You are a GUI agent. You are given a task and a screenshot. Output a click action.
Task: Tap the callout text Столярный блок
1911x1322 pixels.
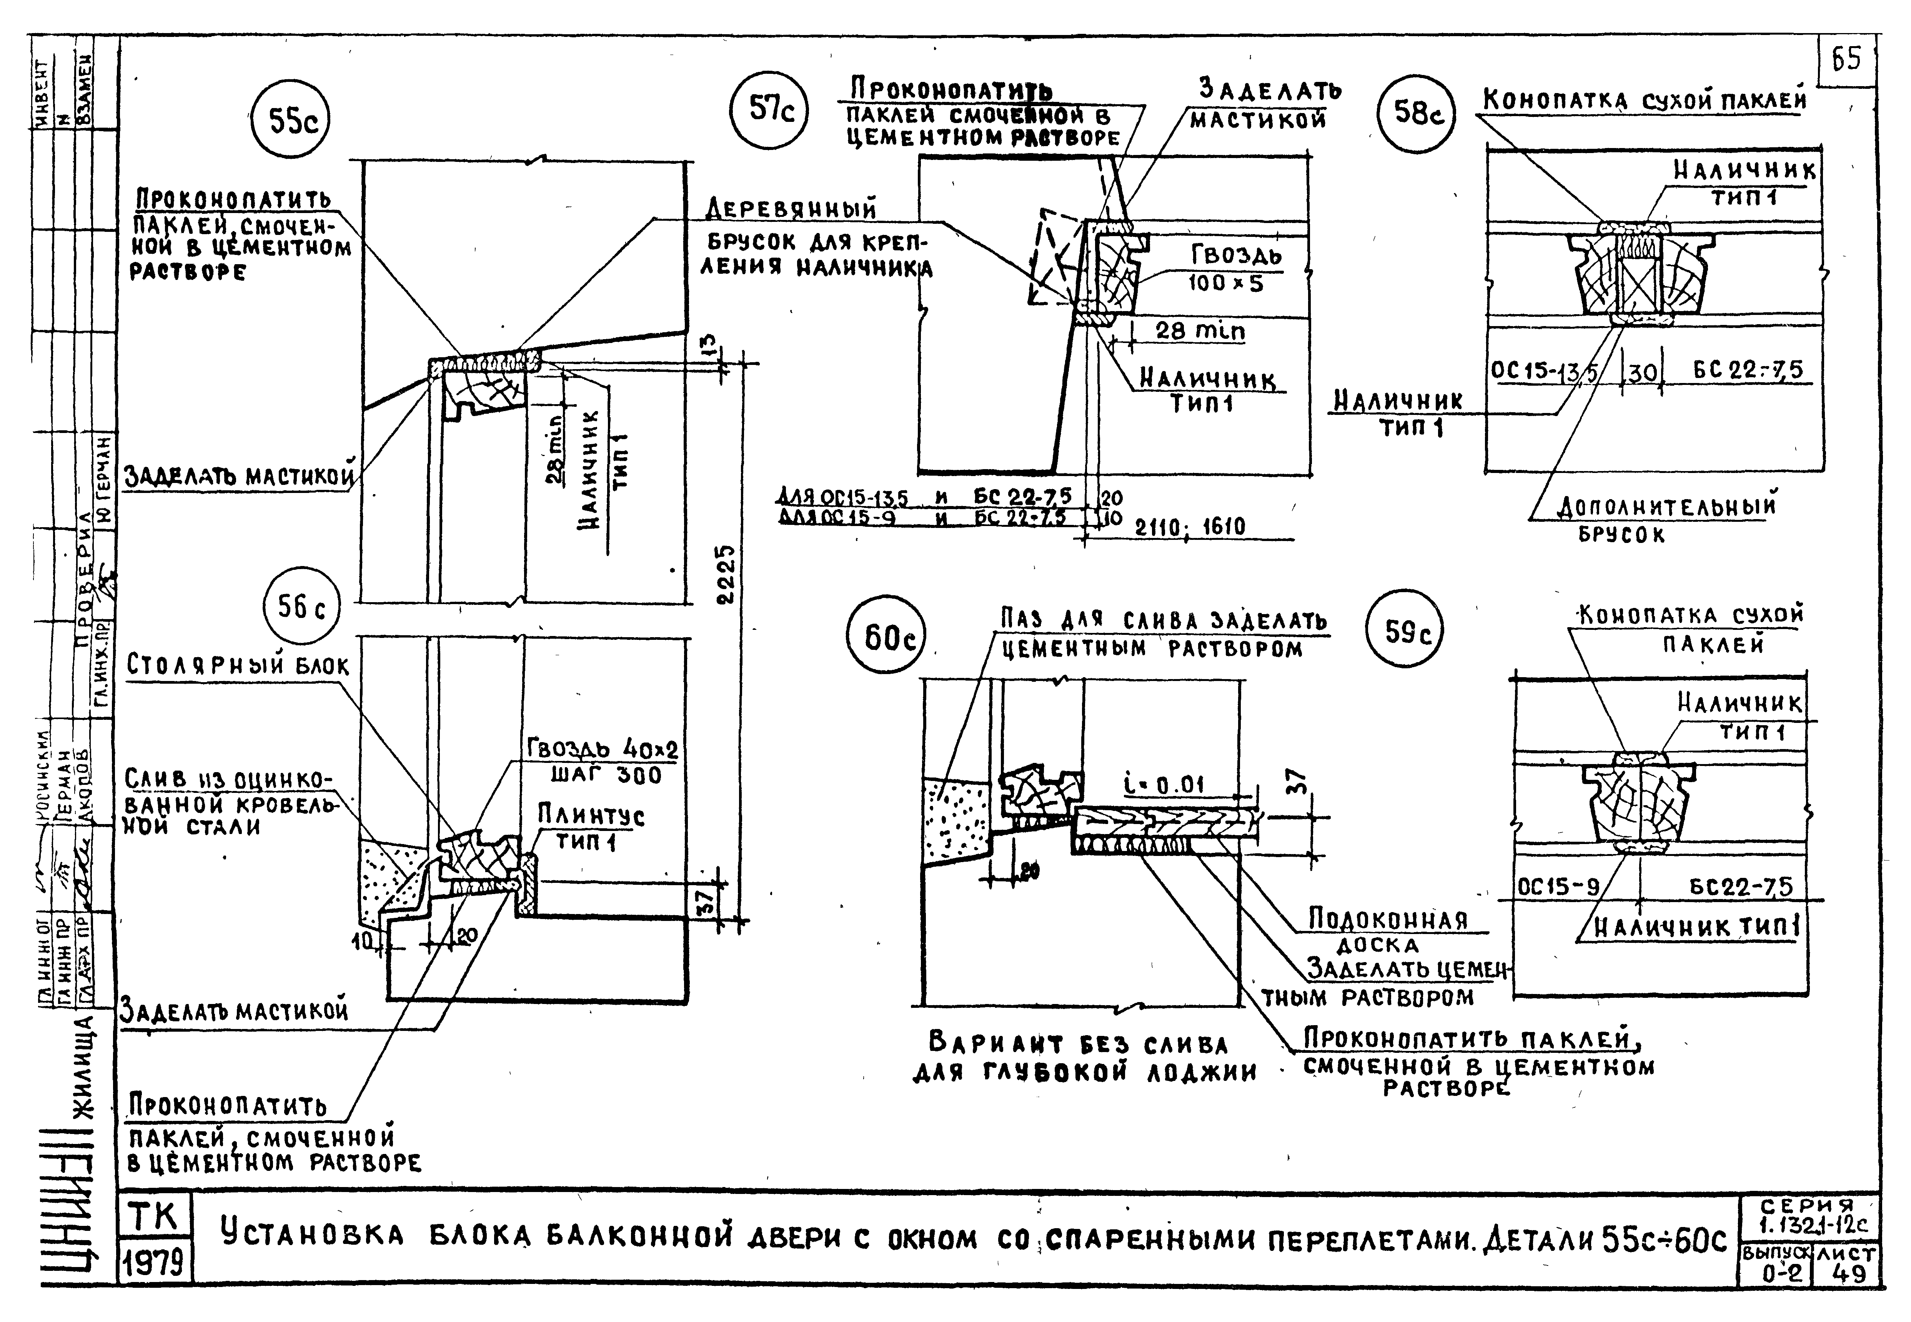coord(238,666)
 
